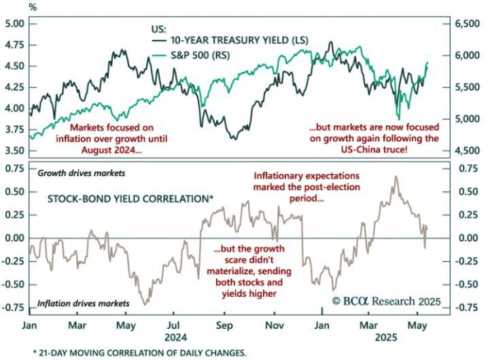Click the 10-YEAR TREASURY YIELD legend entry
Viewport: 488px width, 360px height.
tap(230, 41)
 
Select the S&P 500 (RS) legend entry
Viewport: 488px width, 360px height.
tap(191, 56)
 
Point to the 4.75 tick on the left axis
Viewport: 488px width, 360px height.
tap(15, 45)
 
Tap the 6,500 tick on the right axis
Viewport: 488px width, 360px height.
tap(468, 24)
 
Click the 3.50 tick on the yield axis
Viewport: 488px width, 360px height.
tap(15, 151)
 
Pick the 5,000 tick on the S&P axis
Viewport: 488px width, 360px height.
tap(468, 119)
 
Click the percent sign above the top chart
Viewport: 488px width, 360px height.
tap(33, 7)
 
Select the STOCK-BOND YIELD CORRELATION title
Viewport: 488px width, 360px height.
tap(130, 199)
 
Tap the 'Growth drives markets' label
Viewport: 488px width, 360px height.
tap(82, 173)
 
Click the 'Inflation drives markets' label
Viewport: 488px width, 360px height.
tap(84, 304)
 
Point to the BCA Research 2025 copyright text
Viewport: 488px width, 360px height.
tap(386, 301)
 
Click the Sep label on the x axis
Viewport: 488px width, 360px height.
tap(224, 325)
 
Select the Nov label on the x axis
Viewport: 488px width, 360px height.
tap(275, 325)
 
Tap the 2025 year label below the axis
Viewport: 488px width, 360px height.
tap(386, 338)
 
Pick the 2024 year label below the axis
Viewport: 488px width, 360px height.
tap(176, 338)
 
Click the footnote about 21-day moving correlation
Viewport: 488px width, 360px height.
tap(140, 353)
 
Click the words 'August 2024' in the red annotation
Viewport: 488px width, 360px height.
tap(109, 150)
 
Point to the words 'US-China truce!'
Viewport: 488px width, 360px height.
tap(374, 149)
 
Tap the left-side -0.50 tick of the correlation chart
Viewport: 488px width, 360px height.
tap(14, 285)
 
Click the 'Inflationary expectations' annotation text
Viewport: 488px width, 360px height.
tap(307, 176)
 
